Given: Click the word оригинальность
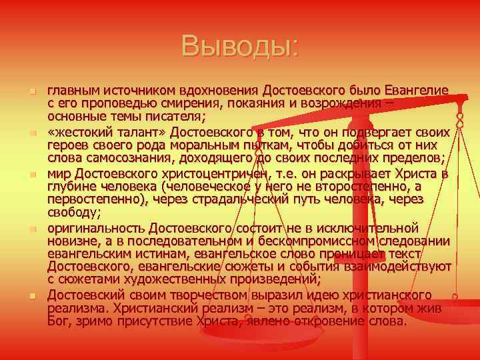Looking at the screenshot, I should (x=97, y=229).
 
